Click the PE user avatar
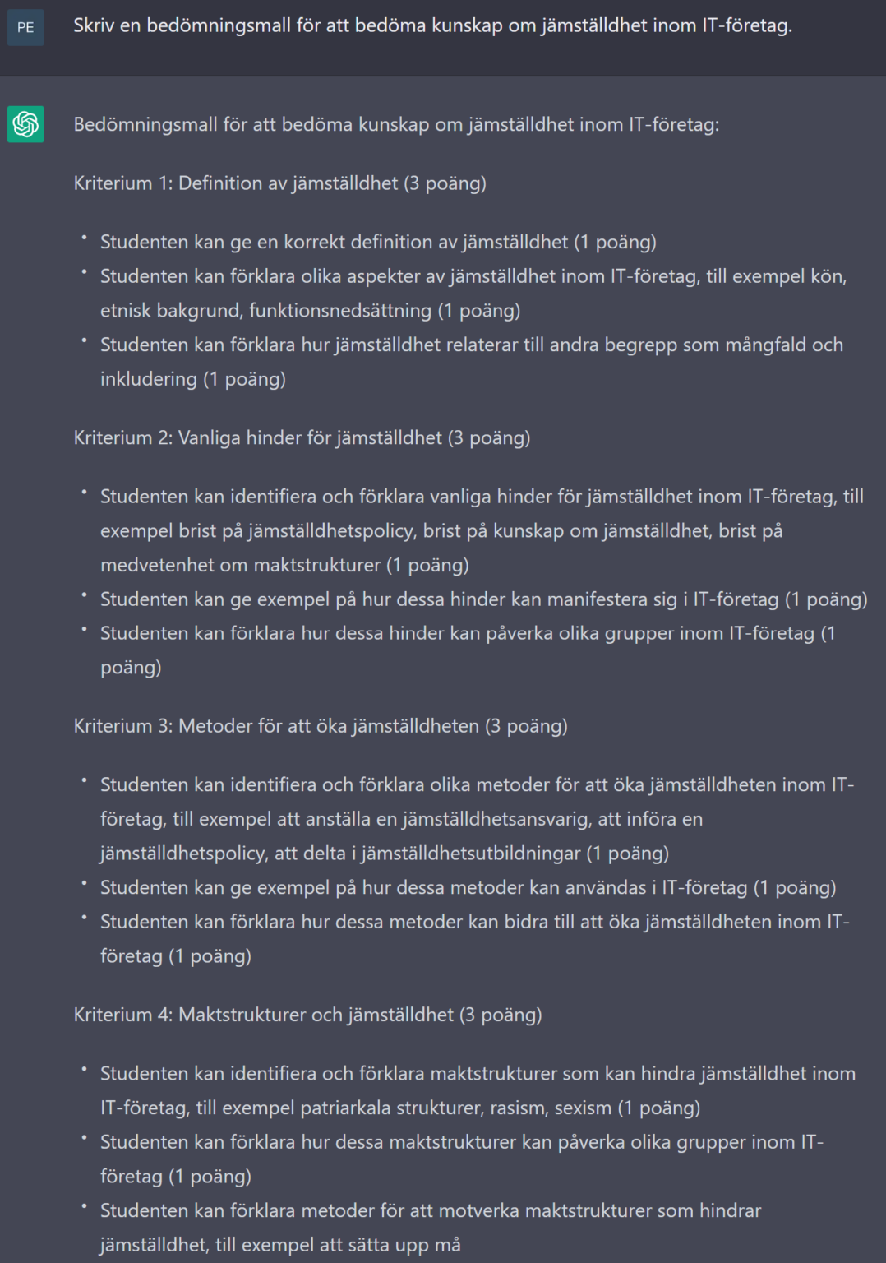pyautogui.click(x=25, y=27)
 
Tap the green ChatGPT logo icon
pyautogui.click(x=25, y=124)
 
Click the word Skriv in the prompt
pyautogui.click(x=94, y=25)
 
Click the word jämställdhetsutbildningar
pyautogui.click(x=471, y=854)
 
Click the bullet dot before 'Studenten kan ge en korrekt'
pyautogui.click(x=84, y=238)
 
